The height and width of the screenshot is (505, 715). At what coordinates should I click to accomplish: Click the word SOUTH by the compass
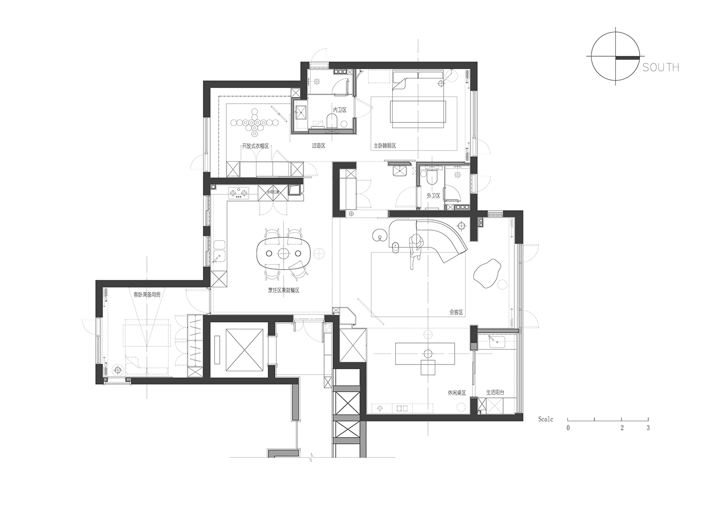pyautogui.click(x=661, y=67)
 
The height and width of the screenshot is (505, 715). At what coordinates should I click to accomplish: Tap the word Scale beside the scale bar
pyautogui.click(x=546, y=419)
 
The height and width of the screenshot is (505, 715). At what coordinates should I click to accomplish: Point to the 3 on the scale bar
pyautogui.click(x=648, y=428)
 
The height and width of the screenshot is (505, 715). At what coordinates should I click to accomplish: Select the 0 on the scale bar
pyautogui.click(x=568, y=428)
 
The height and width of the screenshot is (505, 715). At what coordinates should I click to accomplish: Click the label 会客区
pyautogui.click(x=456, y=313)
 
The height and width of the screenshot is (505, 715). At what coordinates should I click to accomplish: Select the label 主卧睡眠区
pyautogui.click(x=385, y=146)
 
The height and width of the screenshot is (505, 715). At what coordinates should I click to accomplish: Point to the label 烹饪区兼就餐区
pyautogui.click(x=284, y=290)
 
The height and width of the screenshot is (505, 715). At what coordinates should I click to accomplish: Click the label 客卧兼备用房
pyautogui.click(x=147, y=295)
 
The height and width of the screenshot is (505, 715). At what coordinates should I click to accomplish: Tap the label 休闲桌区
pyautogui.click(x=456, y=393)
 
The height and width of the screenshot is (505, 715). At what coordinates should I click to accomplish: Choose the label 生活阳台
pyautogui.click(x=495, y=393)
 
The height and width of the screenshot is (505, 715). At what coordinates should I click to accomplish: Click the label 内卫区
pyautogui.click(x=339, y=110)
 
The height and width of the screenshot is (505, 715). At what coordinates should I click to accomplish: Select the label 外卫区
pyautogui.click(x=433, y=196)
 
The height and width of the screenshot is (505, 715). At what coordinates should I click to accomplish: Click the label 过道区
pyautogui.click(x=318, y=146)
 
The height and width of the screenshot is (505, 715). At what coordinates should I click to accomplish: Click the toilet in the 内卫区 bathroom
pyautogui.click(x=332, y=121)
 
